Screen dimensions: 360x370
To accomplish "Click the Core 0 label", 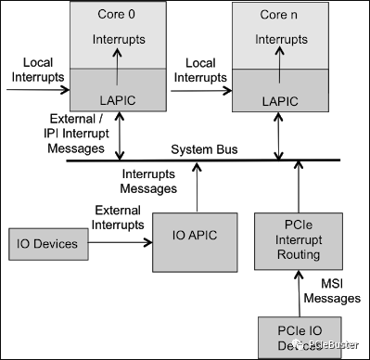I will (117, 16).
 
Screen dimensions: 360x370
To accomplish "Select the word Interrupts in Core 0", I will (117, 40).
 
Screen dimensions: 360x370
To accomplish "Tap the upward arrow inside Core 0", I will (118, 67).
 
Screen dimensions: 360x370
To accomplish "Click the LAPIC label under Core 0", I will (117, 100).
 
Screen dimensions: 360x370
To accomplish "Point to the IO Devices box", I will (47, 245).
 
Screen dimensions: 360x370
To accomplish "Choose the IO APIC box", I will (195, 241).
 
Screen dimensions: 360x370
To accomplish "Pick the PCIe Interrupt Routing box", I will (298, 241).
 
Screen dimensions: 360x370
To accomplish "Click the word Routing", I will (298, 255).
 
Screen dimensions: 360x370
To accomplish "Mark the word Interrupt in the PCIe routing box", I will (298, 241).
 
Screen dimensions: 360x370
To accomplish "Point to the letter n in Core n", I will (293, 16).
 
